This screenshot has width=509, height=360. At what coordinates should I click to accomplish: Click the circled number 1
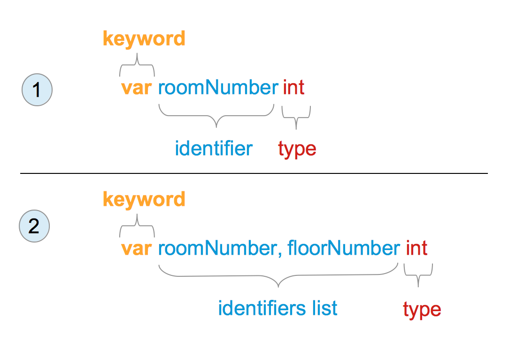[37, 90]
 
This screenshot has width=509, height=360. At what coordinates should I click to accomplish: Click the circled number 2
[34, 226]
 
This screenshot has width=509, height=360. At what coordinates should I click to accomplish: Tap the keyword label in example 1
[144, 39]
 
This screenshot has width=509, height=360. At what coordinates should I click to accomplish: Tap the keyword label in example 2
[144, 200]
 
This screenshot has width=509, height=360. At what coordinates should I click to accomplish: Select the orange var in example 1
[136, 88]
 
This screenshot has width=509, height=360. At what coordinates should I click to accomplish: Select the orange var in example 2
[136, 249]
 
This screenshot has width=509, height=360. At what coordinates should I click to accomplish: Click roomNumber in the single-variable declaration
[218, 87]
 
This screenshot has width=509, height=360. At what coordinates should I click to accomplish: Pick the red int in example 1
[294, 87]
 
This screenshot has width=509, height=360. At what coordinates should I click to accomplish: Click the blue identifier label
[214, 149]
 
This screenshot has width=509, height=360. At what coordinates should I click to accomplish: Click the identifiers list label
[278, 308]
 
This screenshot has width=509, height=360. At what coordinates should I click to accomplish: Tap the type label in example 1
[297, 150]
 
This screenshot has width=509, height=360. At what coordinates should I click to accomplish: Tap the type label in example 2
[422, 310]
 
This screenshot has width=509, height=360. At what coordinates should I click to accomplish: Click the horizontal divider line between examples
[254, 173]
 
